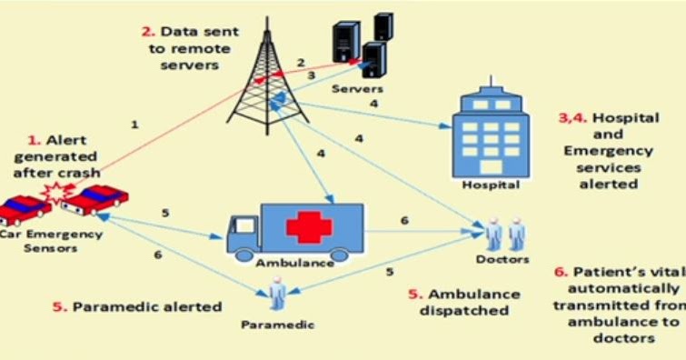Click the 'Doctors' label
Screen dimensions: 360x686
(502, 259)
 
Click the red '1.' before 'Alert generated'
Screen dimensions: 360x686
(35, 140)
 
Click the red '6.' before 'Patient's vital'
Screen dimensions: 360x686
(561, 272)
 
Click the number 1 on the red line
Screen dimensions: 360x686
(134, 123)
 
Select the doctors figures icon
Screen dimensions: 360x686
(504, 232)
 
